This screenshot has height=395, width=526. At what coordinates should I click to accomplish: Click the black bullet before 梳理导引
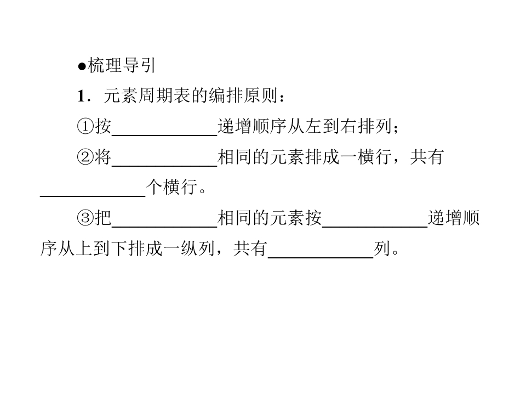[x=82, y=66]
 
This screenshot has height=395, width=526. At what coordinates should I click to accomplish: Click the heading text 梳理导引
[x=122, y=65]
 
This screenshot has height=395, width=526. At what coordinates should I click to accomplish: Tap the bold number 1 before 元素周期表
[x=81, y=96]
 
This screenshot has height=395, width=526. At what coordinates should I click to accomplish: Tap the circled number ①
[x=85, y=127]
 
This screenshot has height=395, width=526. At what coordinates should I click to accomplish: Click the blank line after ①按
[x=165, y=135]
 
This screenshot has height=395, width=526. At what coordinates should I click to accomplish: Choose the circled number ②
[x=85, y=157]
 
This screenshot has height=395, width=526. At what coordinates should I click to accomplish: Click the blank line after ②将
[x=165, y=166]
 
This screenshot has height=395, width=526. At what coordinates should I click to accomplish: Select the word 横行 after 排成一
[x=375, y=157]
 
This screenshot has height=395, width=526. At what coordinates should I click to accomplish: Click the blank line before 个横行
[x=93, y=196]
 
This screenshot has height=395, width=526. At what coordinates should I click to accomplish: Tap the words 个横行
[x=171, y=187]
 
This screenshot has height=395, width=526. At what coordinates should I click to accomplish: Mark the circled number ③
[x=85, y=218]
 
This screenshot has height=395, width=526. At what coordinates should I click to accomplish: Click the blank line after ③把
[x=165, y=227]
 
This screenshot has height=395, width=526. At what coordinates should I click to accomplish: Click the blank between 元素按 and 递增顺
[x=375, y=227]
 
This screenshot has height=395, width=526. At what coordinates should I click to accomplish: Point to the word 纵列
[x=198, y=249]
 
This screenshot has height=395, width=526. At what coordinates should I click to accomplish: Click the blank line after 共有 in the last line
[x=321, y=257]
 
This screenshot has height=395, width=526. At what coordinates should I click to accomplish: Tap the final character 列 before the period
[x=382, y=249]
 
